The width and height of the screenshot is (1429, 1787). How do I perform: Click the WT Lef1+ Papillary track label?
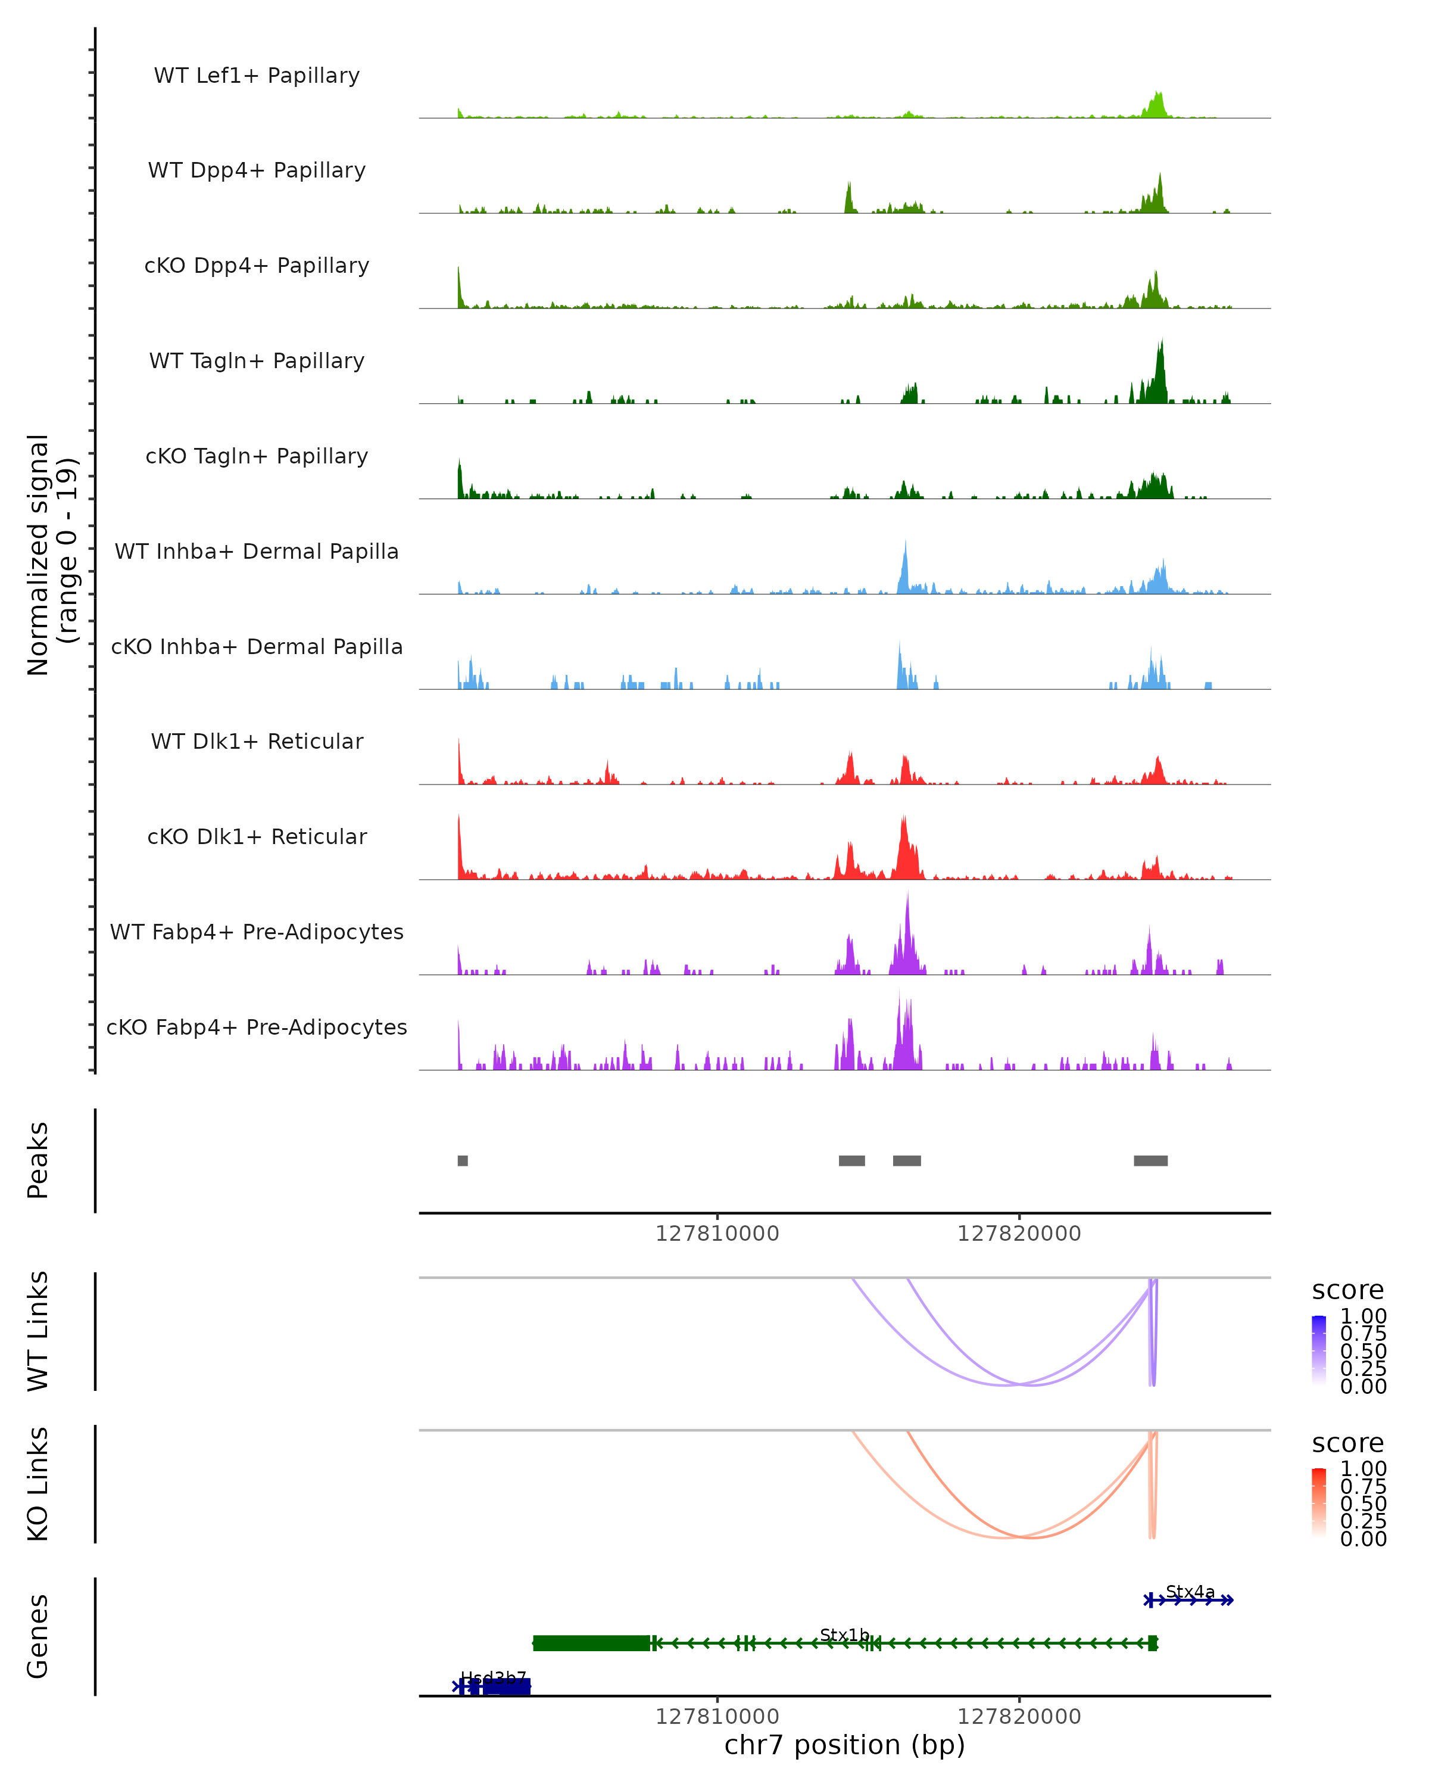[x=257, y=76]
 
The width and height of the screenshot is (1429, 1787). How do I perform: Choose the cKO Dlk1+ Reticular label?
[x=257, y=837]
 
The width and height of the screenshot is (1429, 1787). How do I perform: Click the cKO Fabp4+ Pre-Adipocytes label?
[x=257, y=1028]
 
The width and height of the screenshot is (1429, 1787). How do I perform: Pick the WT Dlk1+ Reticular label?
[x=257, y=742]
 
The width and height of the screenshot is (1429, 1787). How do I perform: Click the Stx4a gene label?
[x=1190, y=1592]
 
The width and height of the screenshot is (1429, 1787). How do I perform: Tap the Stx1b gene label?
[x=844, y=1635]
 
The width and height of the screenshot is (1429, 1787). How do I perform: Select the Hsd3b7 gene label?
[x=494, y=1679]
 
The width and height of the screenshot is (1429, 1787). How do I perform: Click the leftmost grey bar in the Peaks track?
[x=462, y=1160]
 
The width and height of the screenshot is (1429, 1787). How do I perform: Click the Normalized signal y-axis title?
[x=51, y=555]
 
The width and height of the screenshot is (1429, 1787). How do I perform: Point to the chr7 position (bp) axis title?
[x=844, y=1745]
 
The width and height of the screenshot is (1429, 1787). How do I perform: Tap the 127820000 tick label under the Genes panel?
[x=1019, y=1717]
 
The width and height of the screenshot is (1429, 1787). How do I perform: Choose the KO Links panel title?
[x=38, y=1484]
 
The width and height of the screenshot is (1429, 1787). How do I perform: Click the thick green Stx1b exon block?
[x=591, y=1643]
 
